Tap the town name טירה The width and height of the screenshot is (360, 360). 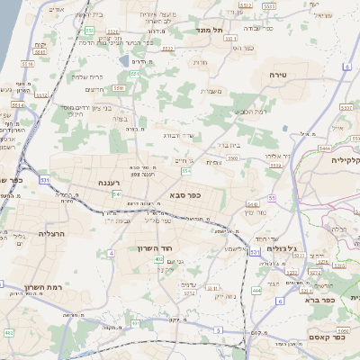coord(277,76)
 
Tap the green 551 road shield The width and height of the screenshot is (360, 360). coord(91,31)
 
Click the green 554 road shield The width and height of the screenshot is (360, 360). coord(186,169)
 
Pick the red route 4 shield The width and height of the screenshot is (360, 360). coord(112,253)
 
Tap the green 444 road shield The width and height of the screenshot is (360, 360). coord(256,291)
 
